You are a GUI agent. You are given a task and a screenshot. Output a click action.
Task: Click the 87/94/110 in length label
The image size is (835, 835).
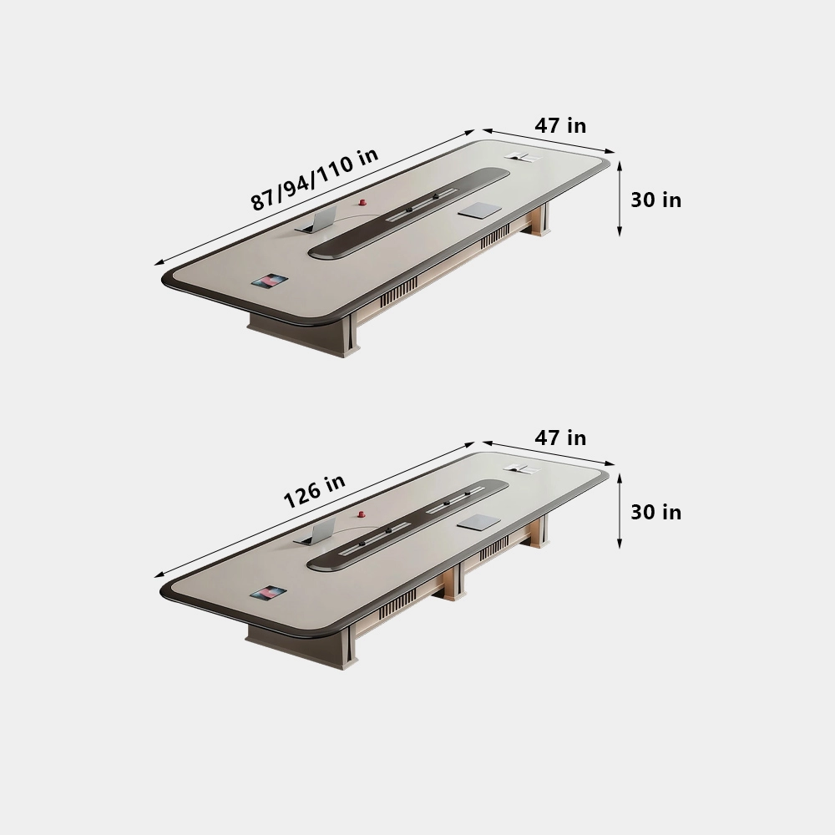(314, 178)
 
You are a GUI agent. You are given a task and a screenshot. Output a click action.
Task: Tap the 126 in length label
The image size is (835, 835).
(314, 491)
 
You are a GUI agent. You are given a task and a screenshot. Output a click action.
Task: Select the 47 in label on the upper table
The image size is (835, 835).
(560, 126)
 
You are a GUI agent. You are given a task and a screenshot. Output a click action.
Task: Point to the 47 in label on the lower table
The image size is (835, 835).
(560, 438)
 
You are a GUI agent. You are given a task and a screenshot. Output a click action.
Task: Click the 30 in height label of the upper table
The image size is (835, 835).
(655, 200)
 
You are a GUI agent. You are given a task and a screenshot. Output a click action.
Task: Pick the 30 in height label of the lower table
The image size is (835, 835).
(655, 512)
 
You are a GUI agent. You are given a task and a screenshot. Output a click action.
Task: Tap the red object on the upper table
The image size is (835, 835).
(362, 202)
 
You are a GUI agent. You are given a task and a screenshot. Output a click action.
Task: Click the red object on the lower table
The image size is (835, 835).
(361, 515)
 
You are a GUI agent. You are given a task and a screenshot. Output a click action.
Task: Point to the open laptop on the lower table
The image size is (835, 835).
(316, 532)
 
